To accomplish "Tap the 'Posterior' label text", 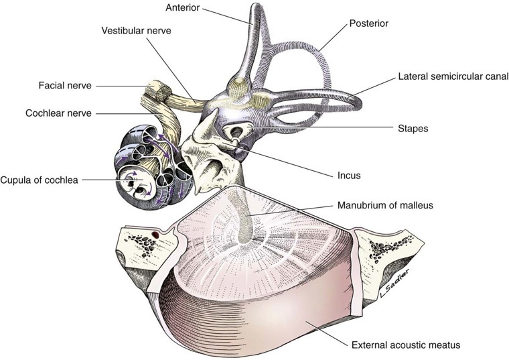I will tap(368, 24).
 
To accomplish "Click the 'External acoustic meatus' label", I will tap(405, 346).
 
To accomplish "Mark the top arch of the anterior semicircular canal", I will tap(255, 13).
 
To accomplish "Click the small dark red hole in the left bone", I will tap(155, 234).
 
